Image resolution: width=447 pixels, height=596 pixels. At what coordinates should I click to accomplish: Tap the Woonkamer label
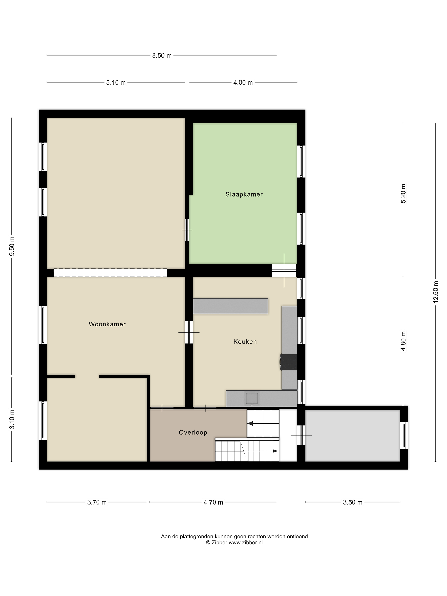pyautogui.click(x=107, y=324)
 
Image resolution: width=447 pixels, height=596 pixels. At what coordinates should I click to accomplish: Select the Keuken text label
pyautogui.click(x=245, y=342)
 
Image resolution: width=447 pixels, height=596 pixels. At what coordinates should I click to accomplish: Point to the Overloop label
pyautogui.click(x=193, y=433)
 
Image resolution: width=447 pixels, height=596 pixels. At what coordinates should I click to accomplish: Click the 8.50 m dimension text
pyautogui.click(x=162, y=55)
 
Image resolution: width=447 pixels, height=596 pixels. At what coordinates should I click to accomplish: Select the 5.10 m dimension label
pyautogui.click(x=116, y=82)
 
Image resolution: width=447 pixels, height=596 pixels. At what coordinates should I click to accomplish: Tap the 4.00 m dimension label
pyautogui.click(x=243, y=82)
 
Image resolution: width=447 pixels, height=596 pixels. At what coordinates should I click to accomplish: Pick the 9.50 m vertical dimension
pyautogui.click(x=12, y=246)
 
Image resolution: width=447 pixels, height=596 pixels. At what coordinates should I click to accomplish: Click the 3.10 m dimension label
pyautogui.click(x=12, y=419)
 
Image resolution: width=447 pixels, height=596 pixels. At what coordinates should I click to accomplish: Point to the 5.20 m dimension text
pyautogui.click(x=403, y=193)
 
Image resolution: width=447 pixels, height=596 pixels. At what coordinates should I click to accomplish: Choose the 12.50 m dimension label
pyautogui.click(x=436, y=292)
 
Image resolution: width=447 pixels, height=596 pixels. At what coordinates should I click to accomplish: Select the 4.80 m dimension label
pyautogui.click(x=403, y=341)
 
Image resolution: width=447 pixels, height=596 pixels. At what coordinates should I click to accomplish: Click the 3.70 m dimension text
pyautogui.click(x=97, y=502)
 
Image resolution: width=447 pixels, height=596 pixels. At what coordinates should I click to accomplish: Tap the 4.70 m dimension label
pyautogui.click(x=213, y=502)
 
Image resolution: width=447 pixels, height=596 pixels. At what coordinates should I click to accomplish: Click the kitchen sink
pyautogui.click(x=252, y=399)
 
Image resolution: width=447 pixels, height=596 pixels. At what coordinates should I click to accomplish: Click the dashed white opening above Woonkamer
pyautogui.click(x=110, y=273)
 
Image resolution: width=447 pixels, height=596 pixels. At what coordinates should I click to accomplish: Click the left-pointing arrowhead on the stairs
pyautogui.click(x=250, y=424)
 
